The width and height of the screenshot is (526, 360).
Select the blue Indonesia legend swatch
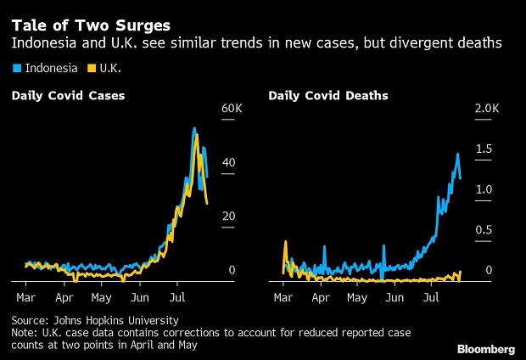tap(15, 67)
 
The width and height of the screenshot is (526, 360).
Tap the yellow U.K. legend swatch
tap(93, 67)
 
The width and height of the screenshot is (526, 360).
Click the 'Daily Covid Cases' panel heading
tap(68, 96)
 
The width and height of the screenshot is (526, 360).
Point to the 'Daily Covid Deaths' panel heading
tap(328, 96)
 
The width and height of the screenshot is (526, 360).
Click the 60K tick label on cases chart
tap(232, 110)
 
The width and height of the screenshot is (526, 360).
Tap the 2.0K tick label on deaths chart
tap(487, 110)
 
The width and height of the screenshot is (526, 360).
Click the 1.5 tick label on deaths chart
tap(483, 149)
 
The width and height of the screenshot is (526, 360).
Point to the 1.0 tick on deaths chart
tap(483, 189)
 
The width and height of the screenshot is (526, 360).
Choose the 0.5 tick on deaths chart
tap(483, 230)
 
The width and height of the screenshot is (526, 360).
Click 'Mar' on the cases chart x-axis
tap(26, 299)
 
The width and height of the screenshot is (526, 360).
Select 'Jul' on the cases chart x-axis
tap(177, 299)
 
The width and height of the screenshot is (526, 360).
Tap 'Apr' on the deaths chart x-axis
tap(321, 299)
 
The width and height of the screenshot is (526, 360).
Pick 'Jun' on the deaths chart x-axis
tap(396, 299)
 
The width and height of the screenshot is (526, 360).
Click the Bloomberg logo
tap(487, 348)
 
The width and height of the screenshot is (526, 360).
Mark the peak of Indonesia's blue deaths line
tap(457, 154)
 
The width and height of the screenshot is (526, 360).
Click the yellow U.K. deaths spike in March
tap(286, 242)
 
